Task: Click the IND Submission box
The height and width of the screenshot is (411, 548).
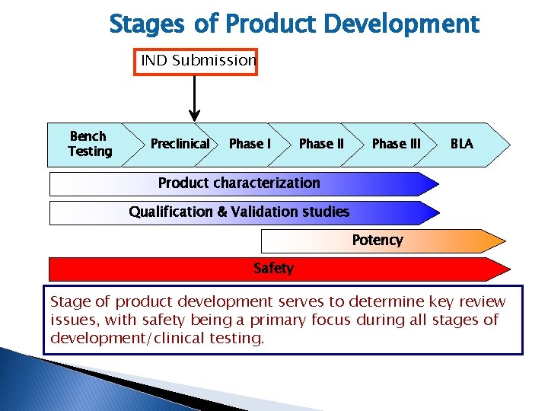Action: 196,61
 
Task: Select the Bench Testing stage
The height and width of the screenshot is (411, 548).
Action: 90,144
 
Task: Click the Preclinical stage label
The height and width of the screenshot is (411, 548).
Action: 180,144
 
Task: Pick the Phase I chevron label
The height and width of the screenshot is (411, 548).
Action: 250,144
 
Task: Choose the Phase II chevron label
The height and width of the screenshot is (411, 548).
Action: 321,144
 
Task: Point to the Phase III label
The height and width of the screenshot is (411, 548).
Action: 396,144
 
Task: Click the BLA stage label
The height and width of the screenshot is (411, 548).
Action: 461,144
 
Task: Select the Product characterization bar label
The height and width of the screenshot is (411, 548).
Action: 238,183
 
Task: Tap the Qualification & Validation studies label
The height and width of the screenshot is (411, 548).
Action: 239,212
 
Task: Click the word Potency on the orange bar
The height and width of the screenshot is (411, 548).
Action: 377,241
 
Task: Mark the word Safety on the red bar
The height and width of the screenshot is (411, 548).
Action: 273,268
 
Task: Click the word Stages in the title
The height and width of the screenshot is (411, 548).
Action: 147,24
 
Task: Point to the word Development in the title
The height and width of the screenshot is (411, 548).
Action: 402,24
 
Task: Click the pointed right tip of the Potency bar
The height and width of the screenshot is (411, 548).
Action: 505,241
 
